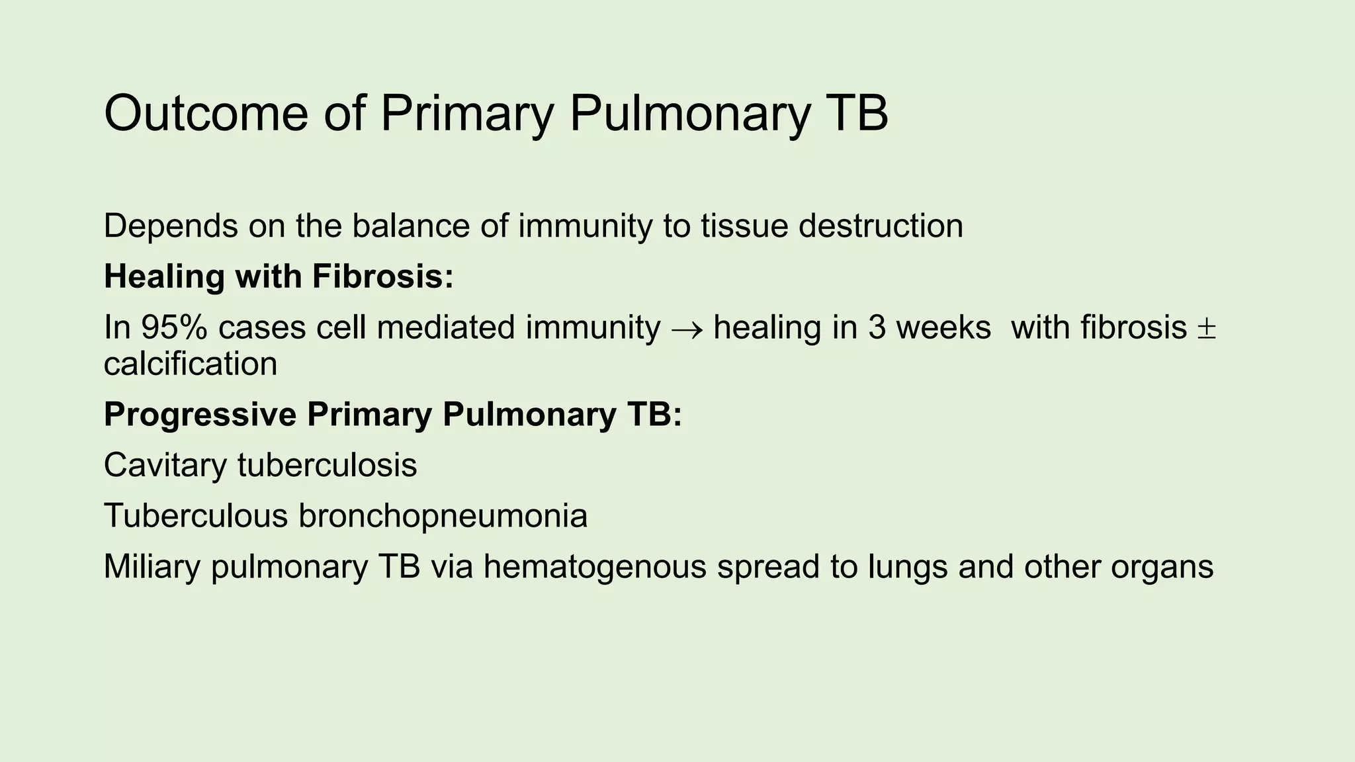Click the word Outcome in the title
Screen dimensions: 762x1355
pyautogui.click(x=206, y=113)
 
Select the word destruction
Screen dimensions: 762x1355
pyautogui.click(x=881, y=226)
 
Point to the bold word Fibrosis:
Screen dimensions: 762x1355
pyautogui.click(x=383, y=276)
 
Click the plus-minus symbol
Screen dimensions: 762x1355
pyautogui.click(x=1206, y=329)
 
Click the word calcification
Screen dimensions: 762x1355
pyautogui.click(x=191, y=364)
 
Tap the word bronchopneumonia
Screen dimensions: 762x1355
pyautogui.click(x=443, y=516)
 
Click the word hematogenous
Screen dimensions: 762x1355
pyautogui.click(x=595, y=567)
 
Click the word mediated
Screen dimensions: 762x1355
pyautogui.click(x=445, y=327)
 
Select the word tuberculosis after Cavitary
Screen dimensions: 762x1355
pyautogui.click(x=328, y=465)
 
